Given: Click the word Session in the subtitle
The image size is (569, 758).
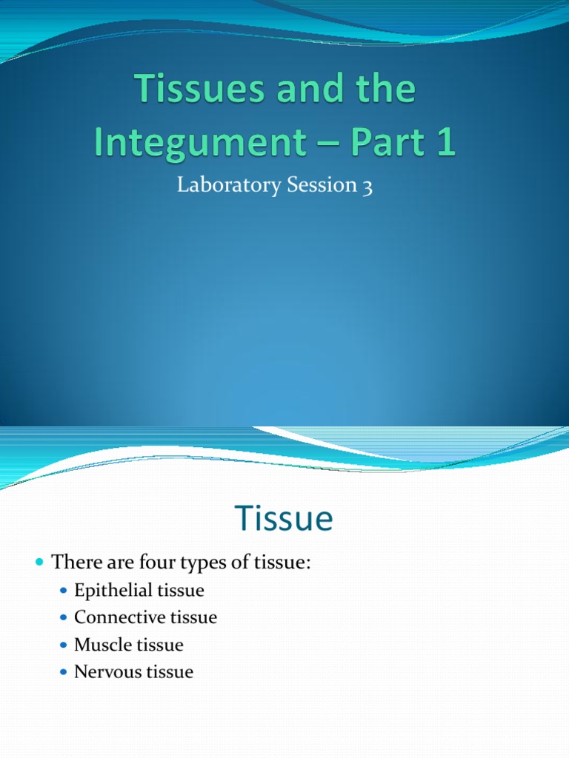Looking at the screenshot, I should click(x=315, y=186).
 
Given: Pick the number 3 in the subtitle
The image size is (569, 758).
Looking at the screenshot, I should click(x=366, y=187).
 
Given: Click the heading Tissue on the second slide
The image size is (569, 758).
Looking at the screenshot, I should click(x=284, y=519).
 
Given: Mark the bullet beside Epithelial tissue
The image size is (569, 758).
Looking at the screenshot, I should click(x=63, y=591).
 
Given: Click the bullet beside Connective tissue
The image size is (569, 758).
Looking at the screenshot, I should click(x=63, y=618).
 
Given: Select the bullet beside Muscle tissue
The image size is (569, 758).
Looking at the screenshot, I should click(x=63, y=645).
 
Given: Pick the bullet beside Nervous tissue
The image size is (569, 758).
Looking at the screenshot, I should click(x=63, y=673).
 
